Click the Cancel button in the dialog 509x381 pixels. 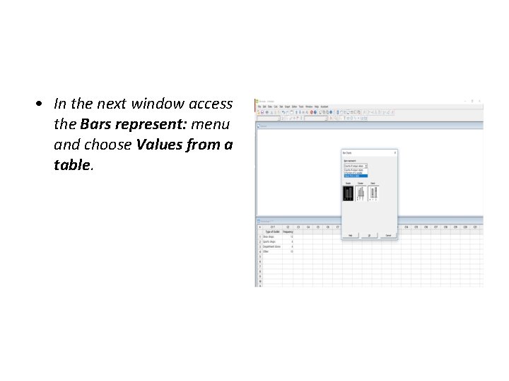(x=387, y=236)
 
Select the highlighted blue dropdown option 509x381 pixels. (x=355, y=175)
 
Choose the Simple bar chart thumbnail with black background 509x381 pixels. (x=348, y=193)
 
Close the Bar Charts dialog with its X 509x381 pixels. (x=395, y=152)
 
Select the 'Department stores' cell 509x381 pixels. (x=272, y=246)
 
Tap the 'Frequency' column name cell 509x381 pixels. (x=288, y=231)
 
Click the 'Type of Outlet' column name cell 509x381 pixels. (x=272, y=231)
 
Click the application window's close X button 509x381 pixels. (x=480, y=101)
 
